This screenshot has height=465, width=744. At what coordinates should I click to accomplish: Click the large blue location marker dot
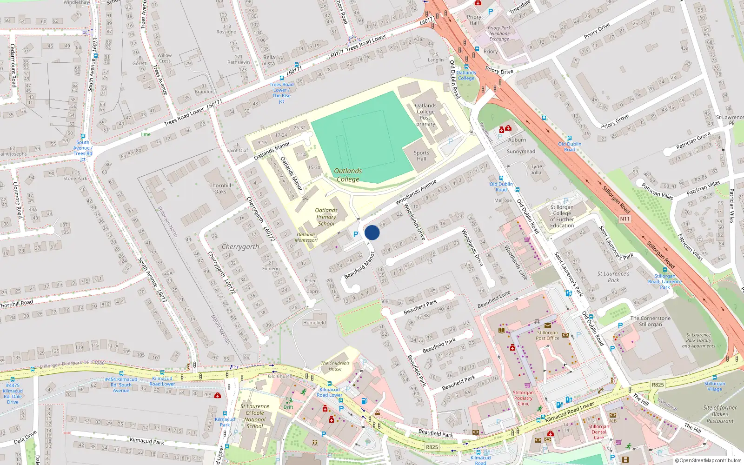(372, 232)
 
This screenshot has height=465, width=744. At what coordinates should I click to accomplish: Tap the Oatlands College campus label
(348, 175)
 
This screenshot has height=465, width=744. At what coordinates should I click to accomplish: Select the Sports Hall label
(421, 156)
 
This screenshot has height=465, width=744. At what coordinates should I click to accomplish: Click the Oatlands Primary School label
(326, 217)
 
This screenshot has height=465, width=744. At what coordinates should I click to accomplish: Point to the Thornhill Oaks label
(220, 188)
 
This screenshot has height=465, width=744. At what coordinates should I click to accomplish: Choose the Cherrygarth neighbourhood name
(240, 247)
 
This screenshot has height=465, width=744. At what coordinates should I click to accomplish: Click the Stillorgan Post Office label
(547, 335)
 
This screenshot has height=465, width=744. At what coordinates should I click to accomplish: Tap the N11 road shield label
(624, 219)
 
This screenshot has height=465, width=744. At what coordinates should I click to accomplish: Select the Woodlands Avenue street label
(416, 192)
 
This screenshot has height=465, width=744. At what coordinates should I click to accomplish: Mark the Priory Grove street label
(615, 122)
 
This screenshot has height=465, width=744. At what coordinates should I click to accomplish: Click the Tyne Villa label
(537, 169)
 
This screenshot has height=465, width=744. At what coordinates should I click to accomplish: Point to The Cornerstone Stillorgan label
(650, 321)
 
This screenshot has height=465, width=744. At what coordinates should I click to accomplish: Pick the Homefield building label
(314, 322)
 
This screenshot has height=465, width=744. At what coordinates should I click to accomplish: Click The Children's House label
(335, 366)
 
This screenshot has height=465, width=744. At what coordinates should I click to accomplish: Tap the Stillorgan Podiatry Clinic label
(523, 398)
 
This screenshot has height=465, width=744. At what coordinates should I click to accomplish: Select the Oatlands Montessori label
(306, 237)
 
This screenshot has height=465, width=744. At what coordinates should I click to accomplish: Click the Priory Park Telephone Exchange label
(499, 33)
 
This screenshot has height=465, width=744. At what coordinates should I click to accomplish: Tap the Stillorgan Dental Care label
(598, 432)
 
